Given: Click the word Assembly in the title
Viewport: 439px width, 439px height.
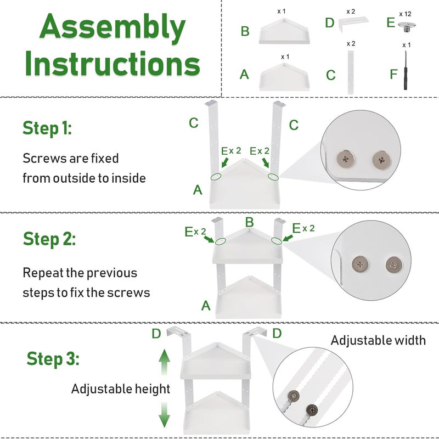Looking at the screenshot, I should tap(112, 29).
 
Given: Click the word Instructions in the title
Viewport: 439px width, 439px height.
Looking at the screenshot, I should tap(112, 64).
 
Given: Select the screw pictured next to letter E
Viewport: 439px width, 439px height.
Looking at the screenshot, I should tap(407, 25).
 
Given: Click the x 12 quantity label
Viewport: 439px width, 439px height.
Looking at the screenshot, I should tap(406, 13).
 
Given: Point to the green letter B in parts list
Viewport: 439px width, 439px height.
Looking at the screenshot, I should tap(245, 31).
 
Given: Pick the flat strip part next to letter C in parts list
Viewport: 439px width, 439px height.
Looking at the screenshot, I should tap(350, 72).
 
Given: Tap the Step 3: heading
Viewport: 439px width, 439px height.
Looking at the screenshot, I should tap(53, 359).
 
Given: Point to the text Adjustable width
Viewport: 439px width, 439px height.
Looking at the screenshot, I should tap(378, 340).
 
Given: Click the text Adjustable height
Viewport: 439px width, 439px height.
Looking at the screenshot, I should tap(121, 389).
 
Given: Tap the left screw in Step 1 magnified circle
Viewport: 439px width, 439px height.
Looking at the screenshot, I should tap(346, 159).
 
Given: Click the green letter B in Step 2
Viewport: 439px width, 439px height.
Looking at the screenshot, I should tap(249, 222).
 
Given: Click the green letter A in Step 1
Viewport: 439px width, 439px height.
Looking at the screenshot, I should tap(198, 190).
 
